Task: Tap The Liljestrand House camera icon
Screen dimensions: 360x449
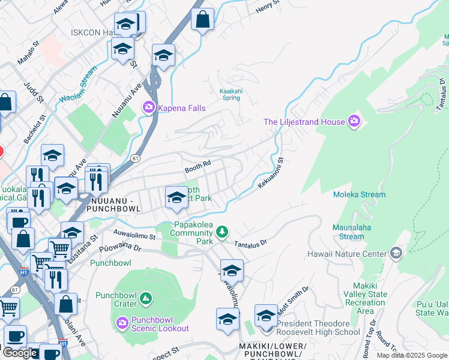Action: click(x=354, y=122)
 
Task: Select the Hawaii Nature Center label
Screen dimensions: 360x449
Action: click(x=346, y=254)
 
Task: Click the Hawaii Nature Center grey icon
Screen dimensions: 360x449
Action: click(x=396, y=253)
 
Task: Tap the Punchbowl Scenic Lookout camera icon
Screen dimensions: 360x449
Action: click(x=122, y=323)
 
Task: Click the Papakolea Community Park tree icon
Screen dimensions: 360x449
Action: click(x=222, y=232)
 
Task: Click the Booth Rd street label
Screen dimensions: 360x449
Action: click(x=197, y=164)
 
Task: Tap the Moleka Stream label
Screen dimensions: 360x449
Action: click(x=360, y=194)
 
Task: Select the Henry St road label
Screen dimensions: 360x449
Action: click(x=268, y=7)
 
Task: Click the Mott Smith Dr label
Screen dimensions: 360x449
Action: click(x=292, y=299)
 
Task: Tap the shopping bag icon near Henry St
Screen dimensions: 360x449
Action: click(x=203, y=19)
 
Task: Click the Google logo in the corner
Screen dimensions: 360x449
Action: click(x=20, y=353)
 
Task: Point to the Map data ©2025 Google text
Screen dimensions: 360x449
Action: click(x=411, y=355)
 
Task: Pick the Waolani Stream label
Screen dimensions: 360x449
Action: click(x=77, y=88)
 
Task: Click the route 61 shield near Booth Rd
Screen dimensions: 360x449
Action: click(x=136, y=158)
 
